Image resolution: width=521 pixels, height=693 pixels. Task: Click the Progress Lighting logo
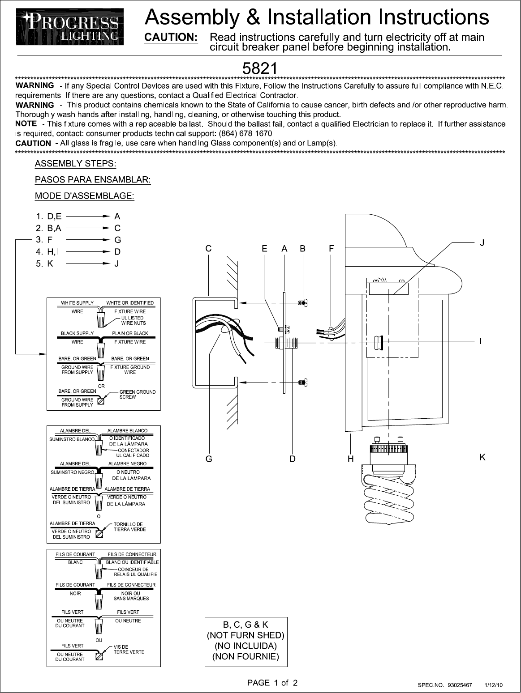pos(70,27)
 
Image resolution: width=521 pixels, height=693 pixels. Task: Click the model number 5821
pos(259,68)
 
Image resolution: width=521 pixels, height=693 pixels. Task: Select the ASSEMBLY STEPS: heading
pos(75,164)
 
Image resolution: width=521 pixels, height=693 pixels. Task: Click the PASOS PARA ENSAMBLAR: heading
pos(93,180)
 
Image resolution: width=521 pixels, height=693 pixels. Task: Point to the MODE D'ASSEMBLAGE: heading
pos(85,196)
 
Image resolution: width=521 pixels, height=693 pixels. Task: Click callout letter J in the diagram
pos(482,243)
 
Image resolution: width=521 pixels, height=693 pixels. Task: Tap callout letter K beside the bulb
pos(482,457)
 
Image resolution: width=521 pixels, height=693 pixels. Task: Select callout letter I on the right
pos(481,341)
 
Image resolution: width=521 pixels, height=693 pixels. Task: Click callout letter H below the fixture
pos(351,459)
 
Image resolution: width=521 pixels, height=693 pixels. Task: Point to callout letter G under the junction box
pos(209,459)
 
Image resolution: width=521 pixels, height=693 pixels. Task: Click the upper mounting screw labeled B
pos(302,303)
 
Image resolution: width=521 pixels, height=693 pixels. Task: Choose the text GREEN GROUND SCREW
pos(137,395)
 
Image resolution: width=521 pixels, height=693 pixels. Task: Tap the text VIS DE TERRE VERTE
pos(129,650)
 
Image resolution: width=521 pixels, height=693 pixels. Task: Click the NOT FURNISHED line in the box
pos(245,635)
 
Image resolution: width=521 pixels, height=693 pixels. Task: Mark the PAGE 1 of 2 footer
pos(272,683)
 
